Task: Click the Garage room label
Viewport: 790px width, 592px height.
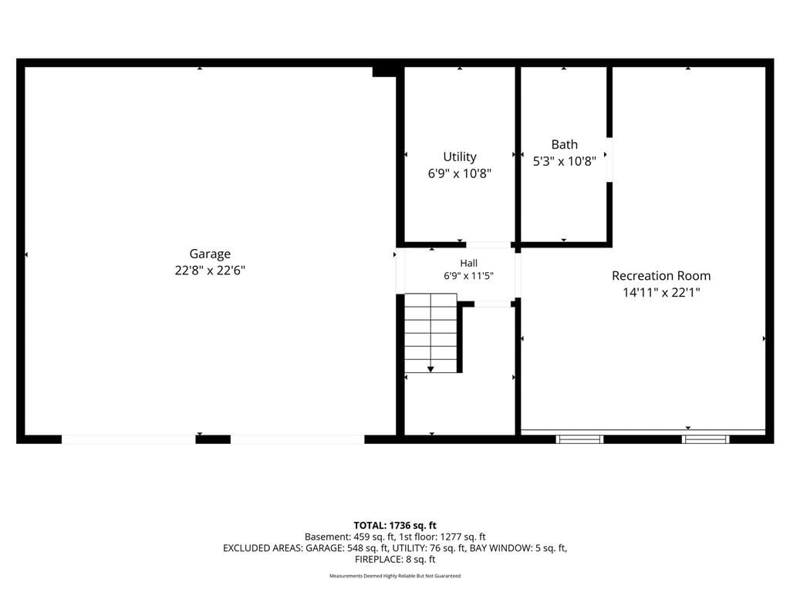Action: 210,254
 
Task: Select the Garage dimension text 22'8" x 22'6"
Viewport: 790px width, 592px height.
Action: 210,271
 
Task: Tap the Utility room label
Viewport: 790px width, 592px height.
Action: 460,156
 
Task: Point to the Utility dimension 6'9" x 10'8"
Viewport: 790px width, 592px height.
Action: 460,173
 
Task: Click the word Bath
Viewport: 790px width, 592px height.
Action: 564,144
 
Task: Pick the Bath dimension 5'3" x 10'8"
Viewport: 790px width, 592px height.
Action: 564,161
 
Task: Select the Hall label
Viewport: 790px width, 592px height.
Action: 468,263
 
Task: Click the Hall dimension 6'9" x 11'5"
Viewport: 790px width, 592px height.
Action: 468,275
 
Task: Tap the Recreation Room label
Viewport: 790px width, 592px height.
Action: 661,276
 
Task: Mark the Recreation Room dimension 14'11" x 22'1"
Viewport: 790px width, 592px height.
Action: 661,292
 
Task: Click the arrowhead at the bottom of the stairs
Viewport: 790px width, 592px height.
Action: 430,369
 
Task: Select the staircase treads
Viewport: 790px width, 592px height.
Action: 430,333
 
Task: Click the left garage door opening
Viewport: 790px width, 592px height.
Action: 129,439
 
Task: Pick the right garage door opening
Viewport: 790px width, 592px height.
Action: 297,439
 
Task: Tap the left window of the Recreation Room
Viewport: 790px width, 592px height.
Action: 579,439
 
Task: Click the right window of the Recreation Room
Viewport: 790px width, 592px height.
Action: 705,439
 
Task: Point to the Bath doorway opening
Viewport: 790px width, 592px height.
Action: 609,160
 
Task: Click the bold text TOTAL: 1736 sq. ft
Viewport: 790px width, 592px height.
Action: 395,526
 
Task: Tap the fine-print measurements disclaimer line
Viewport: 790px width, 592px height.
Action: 395,576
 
